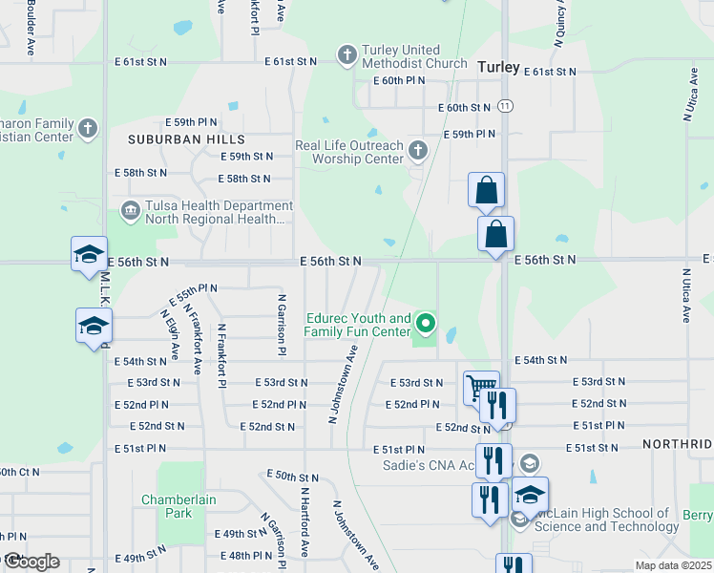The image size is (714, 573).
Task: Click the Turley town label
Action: click(498, 67)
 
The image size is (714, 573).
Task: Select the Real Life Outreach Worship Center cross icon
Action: click(417, 151)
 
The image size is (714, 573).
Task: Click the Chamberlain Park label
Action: click(180, 506)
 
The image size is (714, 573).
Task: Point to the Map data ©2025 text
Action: click(673, 565)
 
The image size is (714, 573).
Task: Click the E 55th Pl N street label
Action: click(194, 287)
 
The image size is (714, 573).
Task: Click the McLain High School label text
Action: click(607, 520)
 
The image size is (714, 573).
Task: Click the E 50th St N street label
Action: click(292, 476)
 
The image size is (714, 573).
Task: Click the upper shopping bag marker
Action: click(486, 191)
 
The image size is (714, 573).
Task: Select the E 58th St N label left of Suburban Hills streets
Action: click(140, 173)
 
